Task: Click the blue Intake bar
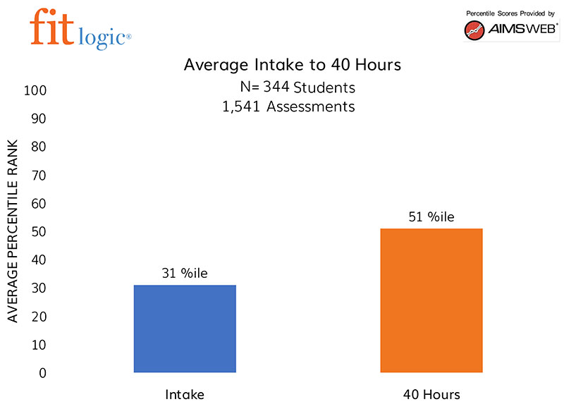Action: click(185, 329)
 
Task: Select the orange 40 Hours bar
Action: click(431, 300)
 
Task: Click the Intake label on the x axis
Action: click(185, 394)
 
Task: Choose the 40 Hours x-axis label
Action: click(431, 394)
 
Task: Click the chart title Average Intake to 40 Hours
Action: click(292, 65)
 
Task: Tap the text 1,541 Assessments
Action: click(288, 107)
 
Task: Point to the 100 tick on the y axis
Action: click(36, 91)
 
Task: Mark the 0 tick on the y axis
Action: click(42, 372)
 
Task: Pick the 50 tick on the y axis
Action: click(38, 232)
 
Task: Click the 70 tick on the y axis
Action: click(38, 176)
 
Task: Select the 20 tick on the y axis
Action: click(38, 317)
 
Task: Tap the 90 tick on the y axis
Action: click(38, 119)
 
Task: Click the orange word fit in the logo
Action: click(50, 27)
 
